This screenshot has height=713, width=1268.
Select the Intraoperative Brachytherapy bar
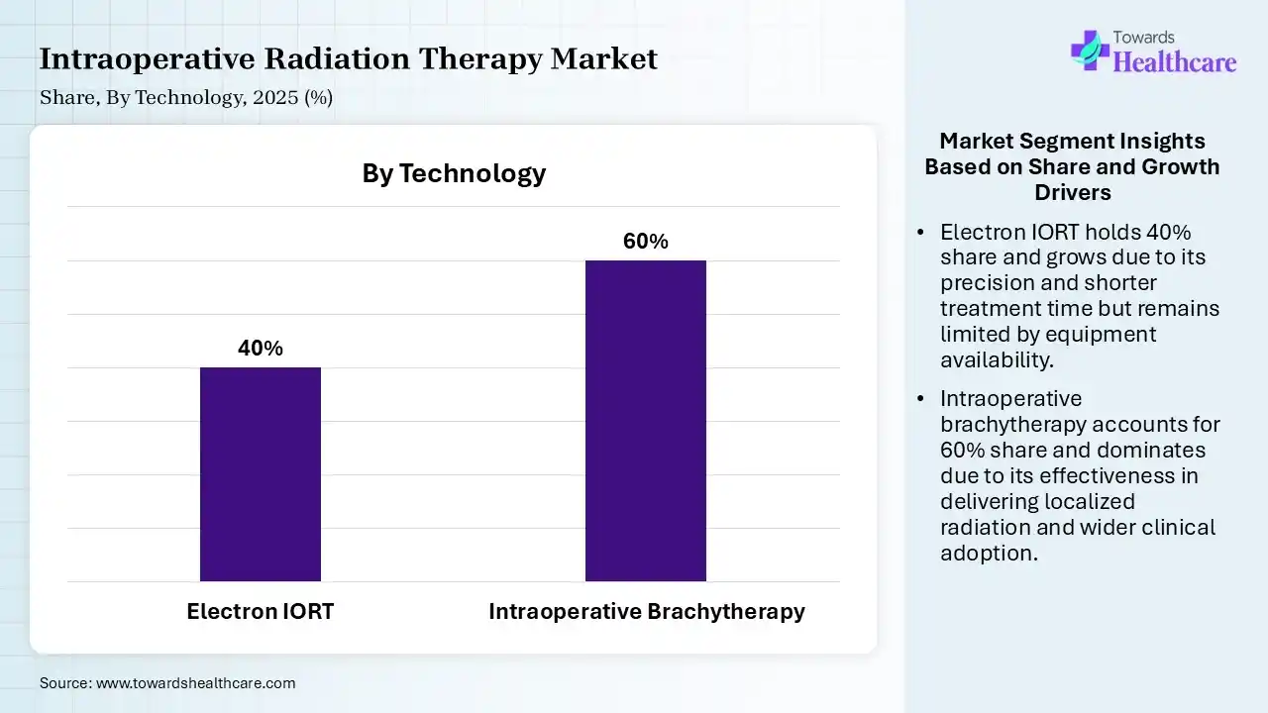[646, 420]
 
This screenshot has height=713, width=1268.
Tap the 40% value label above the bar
[261, 349]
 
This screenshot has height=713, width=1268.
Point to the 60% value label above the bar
[646, 242]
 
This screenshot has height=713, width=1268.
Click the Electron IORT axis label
[261, 612]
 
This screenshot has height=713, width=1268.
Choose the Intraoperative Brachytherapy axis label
[646, 612]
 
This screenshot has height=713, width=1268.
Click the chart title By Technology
[454, 173]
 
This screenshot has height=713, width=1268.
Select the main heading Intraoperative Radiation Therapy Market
[348, 59]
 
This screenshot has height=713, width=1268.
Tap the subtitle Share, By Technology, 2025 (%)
[186, 97]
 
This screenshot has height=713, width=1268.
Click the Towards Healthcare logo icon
[1090, 50]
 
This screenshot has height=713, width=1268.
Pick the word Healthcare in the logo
[1176, 62]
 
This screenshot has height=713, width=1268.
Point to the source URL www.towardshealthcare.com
[195, 683]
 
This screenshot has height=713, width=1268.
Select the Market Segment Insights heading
[1072, 165]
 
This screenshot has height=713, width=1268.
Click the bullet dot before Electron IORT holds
[921, 233]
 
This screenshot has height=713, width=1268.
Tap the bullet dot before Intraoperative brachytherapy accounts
[921, 399]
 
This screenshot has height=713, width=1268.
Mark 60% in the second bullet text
[960, 450]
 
